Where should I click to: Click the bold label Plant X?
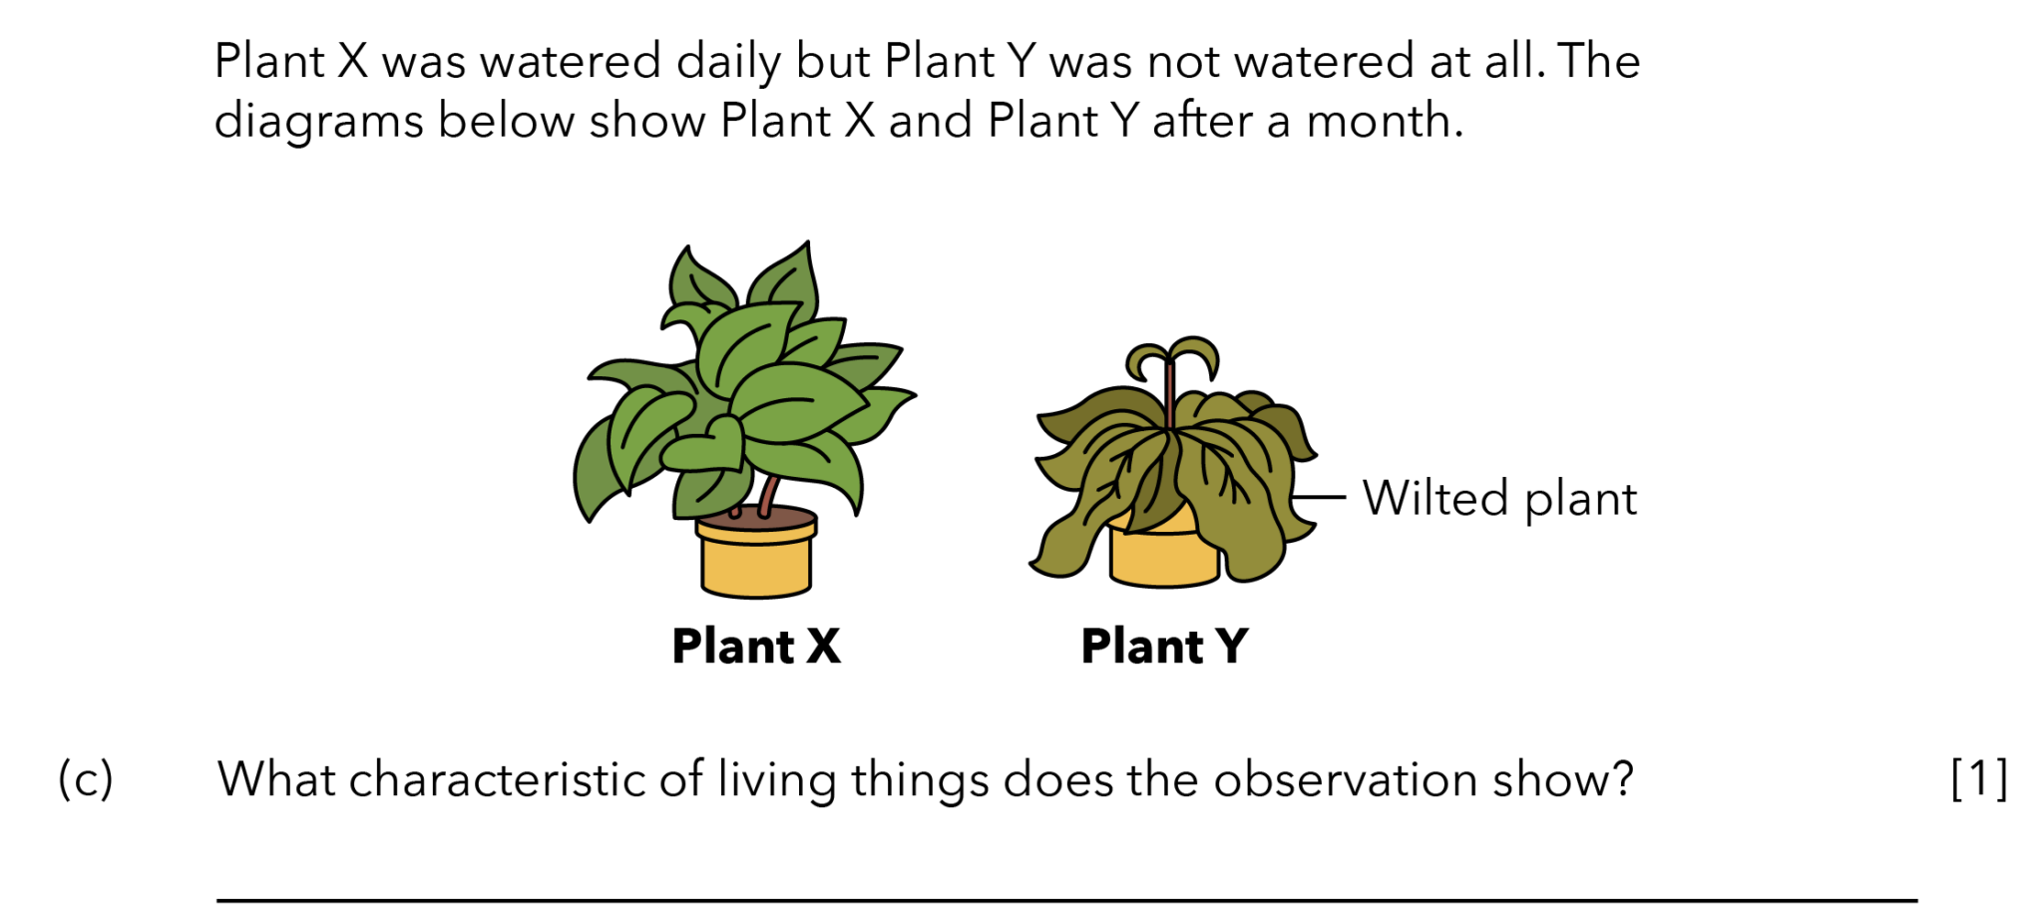pos(756,646)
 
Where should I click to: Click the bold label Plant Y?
pos(1164,646)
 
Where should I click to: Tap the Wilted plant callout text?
pos(1499,498)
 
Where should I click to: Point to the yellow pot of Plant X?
pos(756,559)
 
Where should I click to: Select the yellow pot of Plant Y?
pos(1164,559)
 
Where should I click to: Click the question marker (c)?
pos(86,779)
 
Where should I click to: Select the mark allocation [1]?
pos(1979,778)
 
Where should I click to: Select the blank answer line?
pos(1066,901)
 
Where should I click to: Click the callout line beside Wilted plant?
pos(1318,496)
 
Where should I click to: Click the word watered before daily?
pos(571,62)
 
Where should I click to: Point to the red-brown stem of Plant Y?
pos(1169,394)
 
